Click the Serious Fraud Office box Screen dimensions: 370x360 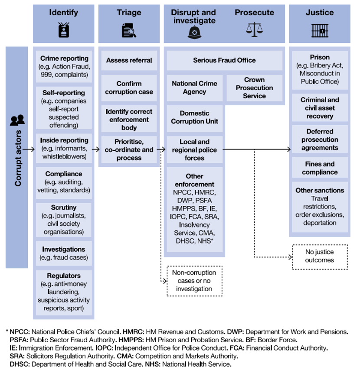tap(224, 60)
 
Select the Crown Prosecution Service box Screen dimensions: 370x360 tap(254, 88)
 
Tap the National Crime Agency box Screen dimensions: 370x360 tap(194, 88)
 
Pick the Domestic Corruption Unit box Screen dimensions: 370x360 tap(194, 117)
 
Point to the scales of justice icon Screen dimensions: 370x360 tap(255, 29)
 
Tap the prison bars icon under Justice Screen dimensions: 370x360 tap(320, 30)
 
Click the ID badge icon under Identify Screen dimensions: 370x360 tap(63, 30)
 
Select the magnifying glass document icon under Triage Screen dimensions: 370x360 tap(129, 30)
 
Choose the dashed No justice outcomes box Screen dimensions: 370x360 tap(320, 256)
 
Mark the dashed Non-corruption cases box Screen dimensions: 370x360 tap(194, 281)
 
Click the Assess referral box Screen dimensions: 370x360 tap(129, 60)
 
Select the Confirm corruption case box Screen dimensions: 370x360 tap(129, 88)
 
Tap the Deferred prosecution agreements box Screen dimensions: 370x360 tap(320, 140)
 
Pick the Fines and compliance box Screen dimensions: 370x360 tap(320, 168)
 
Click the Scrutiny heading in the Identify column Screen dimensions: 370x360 tap(64, 208)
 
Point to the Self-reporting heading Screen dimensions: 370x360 tap(64, 93)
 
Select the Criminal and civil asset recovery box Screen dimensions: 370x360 tap(320, 108)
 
